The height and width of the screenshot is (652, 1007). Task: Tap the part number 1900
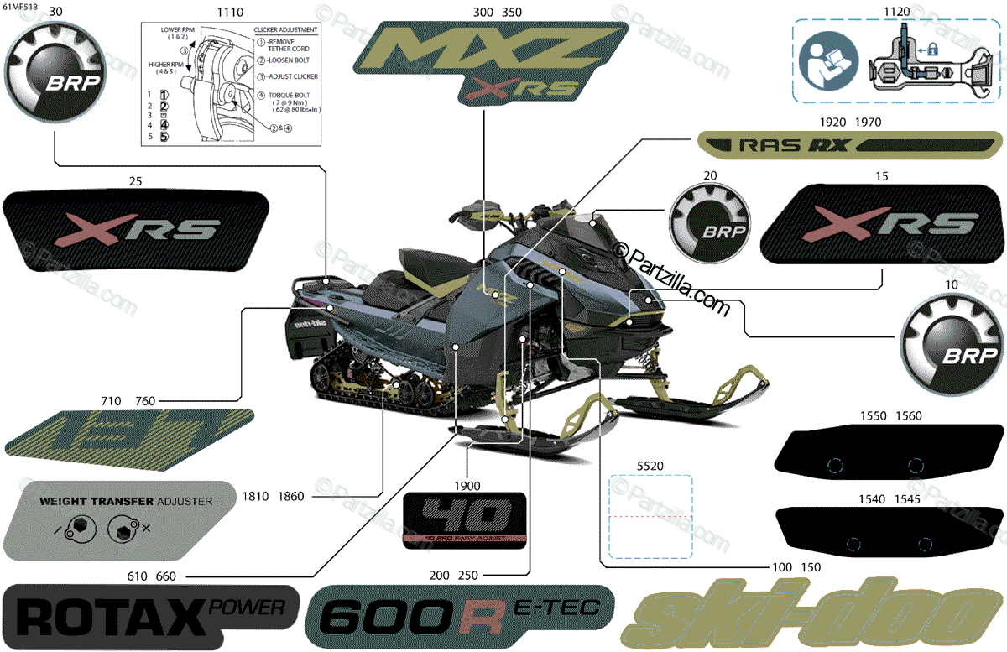(467, 486)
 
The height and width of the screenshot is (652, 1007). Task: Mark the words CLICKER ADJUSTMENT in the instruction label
(285, 30)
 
